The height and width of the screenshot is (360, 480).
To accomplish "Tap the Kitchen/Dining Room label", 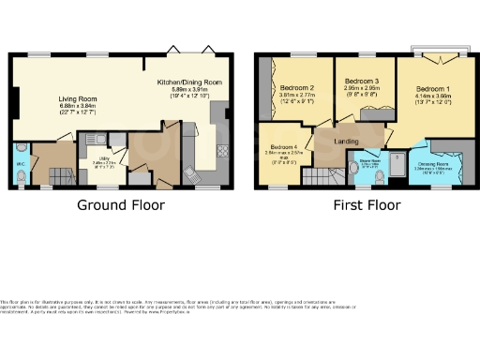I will [x=190, y=82].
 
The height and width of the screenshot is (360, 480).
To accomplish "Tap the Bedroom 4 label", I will [x=284, y=148].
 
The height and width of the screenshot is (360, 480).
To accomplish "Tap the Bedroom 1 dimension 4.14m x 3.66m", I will [x=433, y=97].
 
